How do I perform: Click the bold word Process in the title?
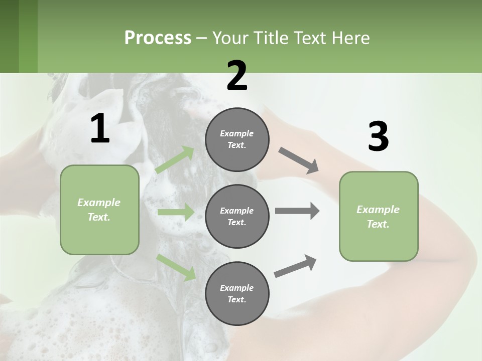pos(158,38)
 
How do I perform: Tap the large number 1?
pos(100,129)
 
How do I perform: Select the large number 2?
pos(237,76)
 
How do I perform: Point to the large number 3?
pos(378,137)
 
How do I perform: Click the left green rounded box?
pos(99,210)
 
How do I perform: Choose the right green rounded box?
pos(379,217)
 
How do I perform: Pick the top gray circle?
pos(237,139)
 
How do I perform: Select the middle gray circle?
pos(237,217)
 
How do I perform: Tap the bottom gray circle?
pos(237,294)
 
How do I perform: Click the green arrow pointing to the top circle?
pos(175,160)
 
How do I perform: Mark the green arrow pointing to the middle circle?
pos(176,212)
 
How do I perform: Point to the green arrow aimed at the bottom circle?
pos(176,267)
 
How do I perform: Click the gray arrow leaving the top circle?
pos(299,160)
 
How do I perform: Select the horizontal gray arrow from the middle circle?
pos(297,211)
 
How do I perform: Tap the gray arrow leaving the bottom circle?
pos(295,266)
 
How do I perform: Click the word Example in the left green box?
pos(99,203)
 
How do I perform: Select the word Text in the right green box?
pos(378,224)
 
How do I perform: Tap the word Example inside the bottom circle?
pos(237,288)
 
